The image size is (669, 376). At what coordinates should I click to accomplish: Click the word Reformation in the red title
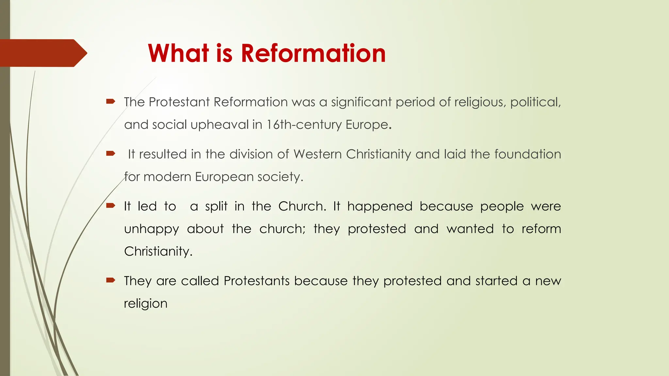313,53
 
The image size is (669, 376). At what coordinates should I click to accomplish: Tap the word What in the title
178,53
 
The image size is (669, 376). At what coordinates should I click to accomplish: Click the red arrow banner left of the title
42,53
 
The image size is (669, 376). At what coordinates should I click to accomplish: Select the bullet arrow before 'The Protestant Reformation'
111,102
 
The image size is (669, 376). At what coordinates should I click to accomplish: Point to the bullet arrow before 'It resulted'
111,153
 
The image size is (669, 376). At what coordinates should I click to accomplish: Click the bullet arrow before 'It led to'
111,205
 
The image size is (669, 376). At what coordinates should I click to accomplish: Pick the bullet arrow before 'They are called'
111,280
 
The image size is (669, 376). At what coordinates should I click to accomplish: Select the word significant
361,102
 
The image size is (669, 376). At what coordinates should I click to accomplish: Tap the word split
216,206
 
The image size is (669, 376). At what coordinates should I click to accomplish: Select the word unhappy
152,229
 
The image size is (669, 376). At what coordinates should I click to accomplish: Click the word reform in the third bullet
541,229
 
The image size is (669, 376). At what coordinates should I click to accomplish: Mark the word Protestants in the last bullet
256,281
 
